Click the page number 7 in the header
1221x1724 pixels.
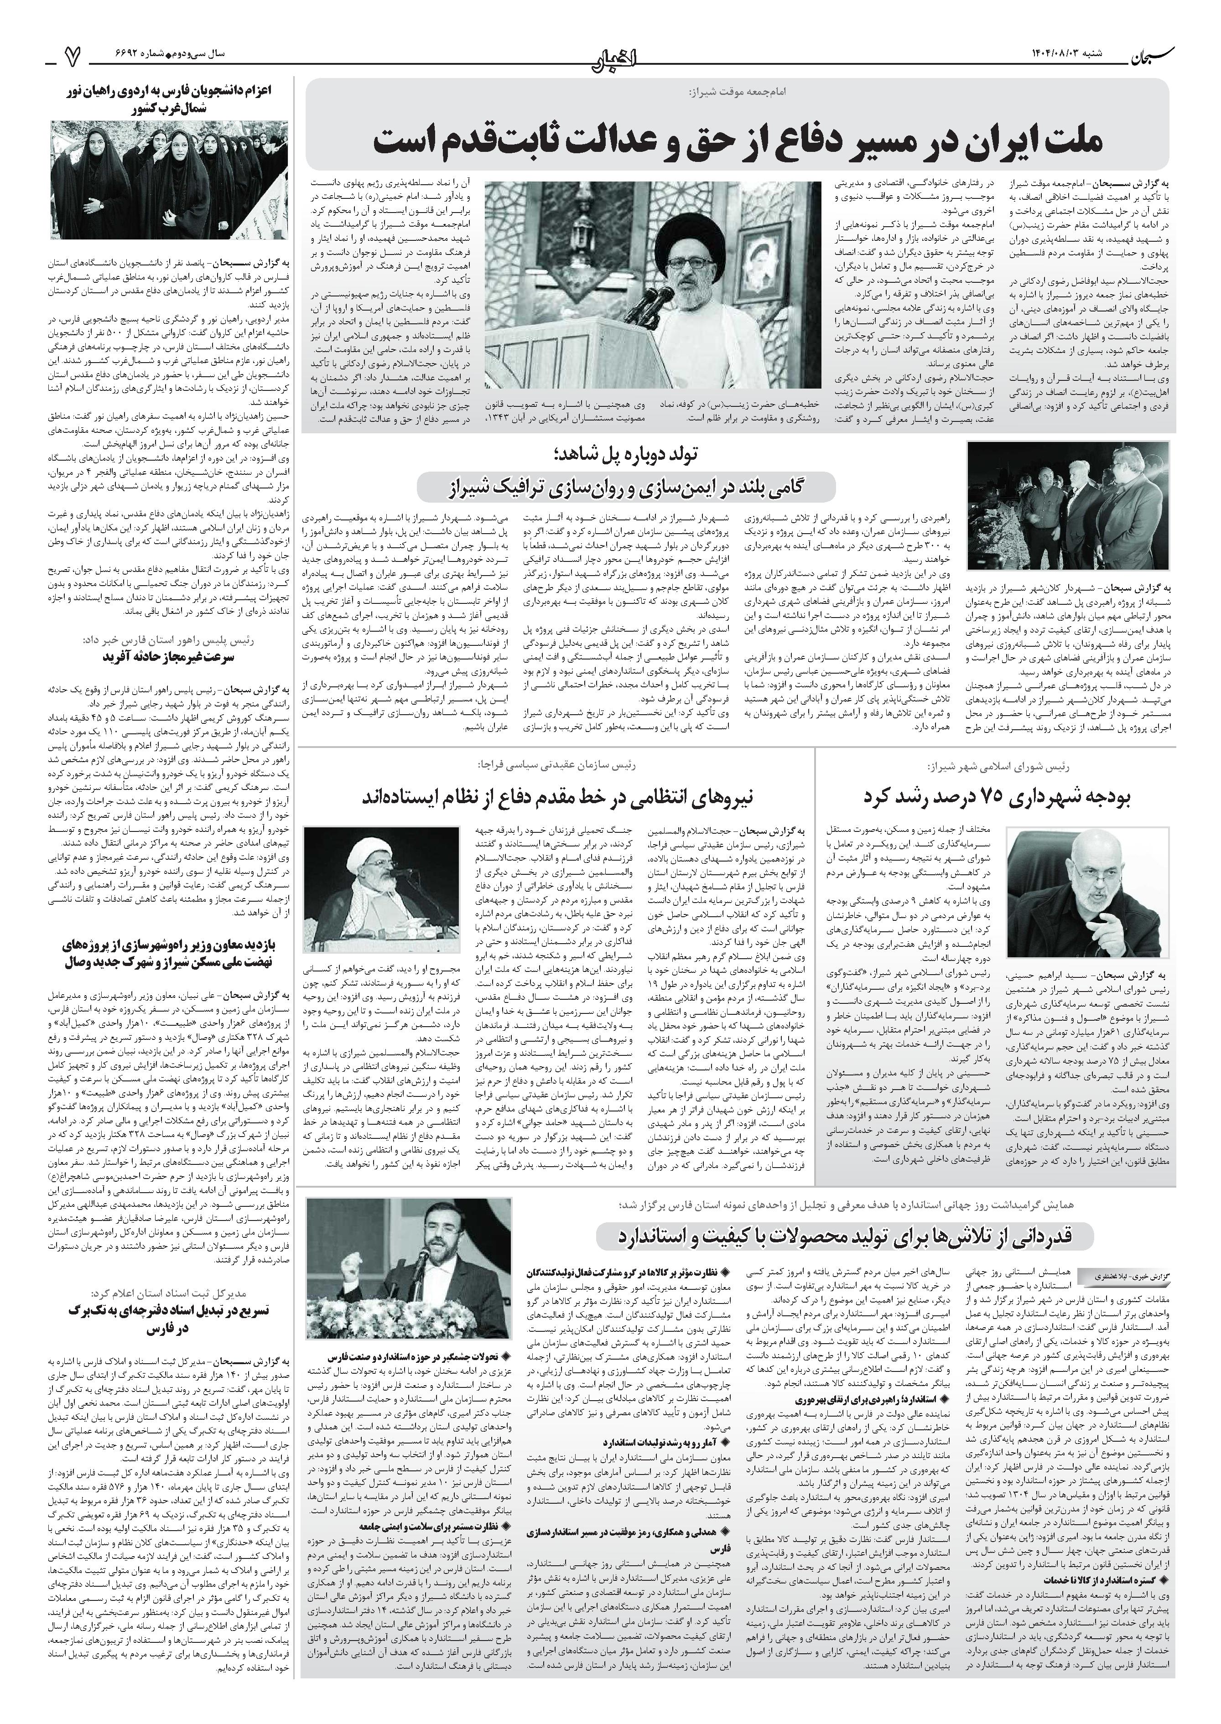72,55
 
